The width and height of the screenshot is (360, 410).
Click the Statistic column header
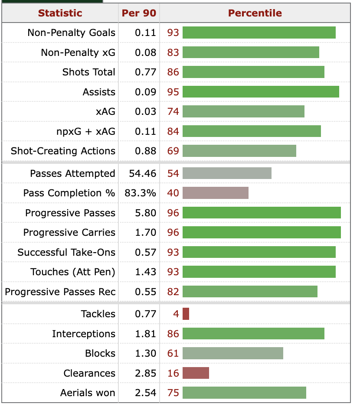[60, 13]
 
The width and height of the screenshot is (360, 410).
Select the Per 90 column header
[139, 13]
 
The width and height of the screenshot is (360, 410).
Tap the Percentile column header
[255, 13]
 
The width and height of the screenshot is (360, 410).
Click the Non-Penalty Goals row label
[72, 33]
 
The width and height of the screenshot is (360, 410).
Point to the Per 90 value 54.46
[142, 173]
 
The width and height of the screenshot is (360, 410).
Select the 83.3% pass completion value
[140, 193]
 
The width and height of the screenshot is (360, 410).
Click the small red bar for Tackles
[186, 314]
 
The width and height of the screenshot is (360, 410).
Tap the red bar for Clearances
[196, 373]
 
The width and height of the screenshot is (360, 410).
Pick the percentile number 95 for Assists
[173, 92]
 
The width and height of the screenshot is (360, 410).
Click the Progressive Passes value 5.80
[145, 213]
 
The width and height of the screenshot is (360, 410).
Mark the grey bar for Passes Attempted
[227, 173]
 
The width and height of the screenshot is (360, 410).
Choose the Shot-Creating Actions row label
[63, 151]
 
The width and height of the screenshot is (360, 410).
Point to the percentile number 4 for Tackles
[176, 314]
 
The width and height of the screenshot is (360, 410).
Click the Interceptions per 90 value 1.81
[145, 334]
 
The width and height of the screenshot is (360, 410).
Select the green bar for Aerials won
[244, 393]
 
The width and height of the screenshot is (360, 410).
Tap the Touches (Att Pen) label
[73, 272]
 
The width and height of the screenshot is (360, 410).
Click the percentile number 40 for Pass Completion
[173, 193]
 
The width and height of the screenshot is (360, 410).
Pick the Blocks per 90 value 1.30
[145, 353]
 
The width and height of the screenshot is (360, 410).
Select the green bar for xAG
[243, 111]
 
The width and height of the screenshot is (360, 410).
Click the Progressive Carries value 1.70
[145, 232]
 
